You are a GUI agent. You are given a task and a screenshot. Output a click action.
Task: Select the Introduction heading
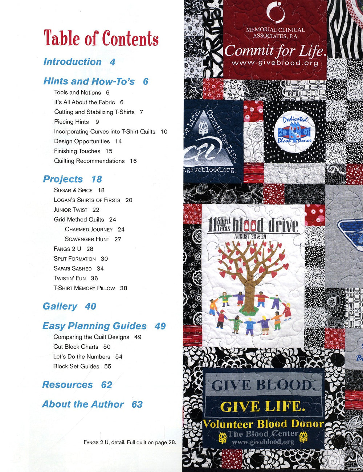[72, 62]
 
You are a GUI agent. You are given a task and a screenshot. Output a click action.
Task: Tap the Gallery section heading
[60, 306]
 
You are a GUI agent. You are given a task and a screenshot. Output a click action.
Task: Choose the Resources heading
[68, 384]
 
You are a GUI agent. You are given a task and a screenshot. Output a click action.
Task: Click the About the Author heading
[83, 404]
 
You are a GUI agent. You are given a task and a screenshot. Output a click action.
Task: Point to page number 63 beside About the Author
[137, 404]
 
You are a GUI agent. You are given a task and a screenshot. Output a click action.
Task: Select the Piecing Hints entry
[72, 122]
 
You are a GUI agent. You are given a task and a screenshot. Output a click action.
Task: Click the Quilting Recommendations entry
[89, 161]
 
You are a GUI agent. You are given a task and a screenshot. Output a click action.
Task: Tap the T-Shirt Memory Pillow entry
[84, 288]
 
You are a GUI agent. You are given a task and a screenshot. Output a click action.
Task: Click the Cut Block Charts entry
[76, 347]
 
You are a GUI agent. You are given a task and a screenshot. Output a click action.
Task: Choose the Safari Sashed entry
[73, 268]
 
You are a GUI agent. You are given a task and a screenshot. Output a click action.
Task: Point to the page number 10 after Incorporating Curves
[164, 132]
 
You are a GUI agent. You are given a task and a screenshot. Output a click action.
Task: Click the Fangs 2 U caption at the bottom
[130, 442]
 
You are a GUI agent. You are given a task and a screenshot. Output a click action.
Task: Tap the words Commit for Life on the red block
[274, 51]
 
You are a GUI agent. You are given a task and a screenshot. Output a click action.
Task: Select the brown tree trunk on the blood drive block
[250, 287]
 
